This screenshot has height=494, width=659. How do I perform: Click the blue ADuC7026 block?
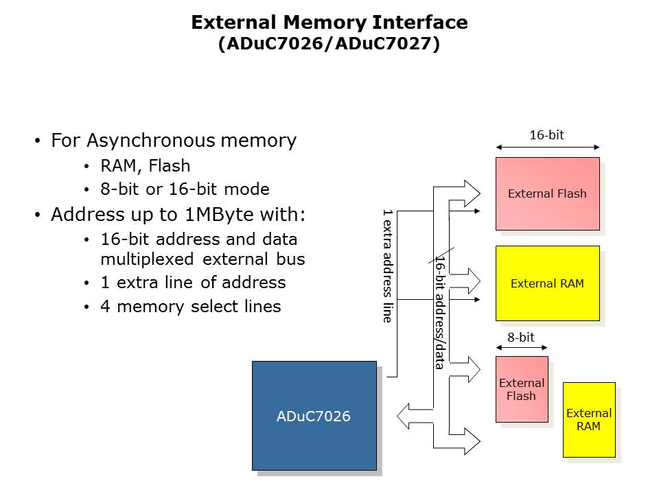pyautogui.click(x=314, y=415)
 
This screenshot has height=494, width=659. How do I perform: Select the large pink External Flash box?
pyautogui.click(x=547, y=193)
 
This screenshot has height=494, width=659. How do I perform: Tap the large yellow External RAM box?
pyautogui.click(x=547, y=283)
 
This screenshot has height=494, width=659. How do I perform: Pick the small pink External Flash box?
pyautogui.click(x=522, y=389)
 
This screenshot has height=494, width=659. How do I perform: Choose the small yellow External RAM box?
pyautogui.click(x=588, y=419)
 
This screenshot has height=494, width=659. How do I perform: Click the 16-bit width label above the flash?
pyautogui.click(x=546, y=135)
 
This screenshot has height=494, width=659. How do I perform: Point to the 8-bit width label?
pyautogui.click(x=521, y=337)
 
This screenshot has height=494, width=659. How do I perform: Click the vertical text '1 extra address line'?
pyautogui.click(x=387, y=266)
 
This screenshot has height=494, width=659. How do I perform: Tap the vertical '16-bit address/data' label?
pyautogui.click(x=439, y=312)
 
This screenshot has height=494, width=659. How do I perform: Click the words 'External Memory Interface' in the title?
pyautogui.click(x=329, y=23)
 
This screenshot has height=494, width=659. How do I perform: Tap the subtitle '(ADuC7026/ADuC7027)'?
pyautogui.click(x=329, y=44)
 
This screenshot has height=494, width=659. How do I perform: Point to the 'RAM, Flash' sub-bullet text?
pyautogui.click(x=145, y=166)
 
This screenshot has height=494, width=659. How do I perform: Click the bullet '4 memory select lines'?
pyautogui.click(x=190, y=306)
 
